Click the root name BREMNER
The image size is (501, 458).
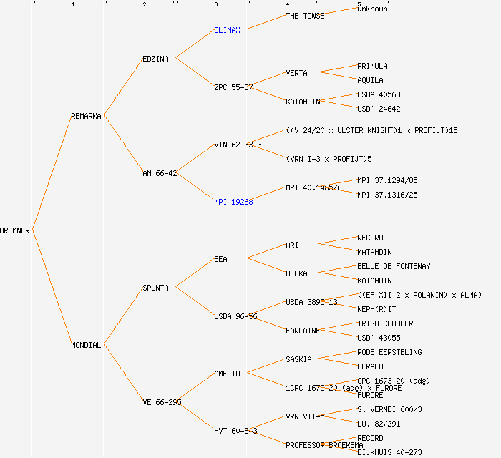coord(15,230)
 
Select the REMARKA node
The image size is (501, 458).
coord(86,116)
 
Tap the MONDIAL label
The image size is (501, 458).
coord(86,345)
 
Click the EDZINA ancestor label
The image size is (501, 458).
coord(155,59)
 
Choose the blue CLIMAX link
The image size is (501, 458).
coord(228,30)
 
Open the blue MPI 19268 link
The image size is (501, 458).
coord(233,202)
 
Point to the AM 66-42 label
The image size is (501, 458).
coord(160,173)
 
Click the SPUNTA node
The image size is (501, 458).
coord(155,288)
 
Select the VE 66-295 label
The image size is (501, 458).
coord(162,402)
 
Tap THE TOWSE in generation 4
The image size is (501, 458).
coord(305,16)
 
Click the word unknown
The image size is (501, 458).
coord(372,9)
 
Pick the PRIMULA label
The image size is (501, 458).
coord(372,66)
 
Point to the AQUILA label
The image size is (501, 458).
coord(370,80)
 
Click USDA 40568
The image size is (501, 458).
coord(379,94)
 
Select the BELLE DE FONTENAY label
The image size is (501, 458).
coord(394,266)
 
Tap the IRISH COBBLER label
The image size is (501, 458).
coord(385,323)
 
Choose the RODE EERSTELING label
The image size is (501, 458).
coord(389,352)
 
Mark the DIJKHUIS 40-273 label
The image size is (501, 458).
coord(389,452)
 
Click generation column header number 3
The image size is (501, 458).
coord(215,5)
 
